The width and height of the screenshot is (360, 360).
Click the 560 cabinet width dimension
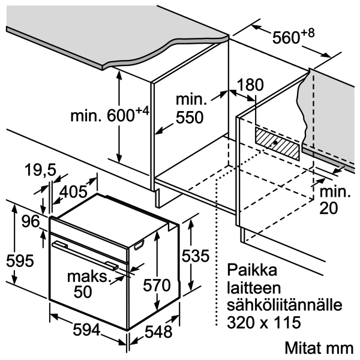coord(293,37)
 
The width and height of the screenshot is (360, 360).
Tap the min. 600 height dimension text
coord(110,115)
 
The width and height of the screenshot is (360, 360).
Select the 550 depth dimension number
coord(190,118)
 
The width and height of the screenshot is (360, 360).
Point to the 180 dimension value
coord(250,85)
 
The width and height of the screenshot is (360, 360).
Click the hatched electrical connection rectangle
coord(277,143)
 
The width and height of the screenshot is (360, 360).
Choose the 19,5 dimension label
coord(40,170)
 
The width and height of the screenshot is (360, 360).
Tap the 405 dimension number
coord(73,192)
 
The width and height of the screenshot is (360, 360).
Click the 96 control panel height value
coord(31,221)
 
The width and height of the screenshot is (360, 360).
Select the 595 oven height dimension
coord(20,261)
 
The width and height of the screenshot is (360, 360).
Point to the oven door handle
coord(85,255)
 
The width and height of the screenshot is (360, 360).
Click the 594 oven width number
coord(87,330)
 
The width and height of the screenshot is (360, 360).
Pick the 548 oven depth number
coord(158,332)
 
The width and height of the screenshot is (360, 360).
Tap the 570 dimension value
coord(157,285)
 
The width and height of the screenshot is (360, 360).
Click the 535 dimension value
coord(196,256)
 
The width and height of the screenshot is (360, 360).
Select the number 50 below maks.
coord(83,292)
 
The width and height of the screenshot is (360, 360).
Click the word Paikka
coord(252,270)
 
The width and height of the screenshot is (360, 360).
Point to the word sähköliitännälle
coord(284,305)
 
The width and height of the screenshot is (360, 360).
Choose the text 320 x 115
coord(264,322)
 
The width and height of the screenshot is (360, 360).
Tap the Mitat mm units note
coord(319,348)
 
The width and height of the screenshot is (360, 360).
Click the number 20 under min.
coord(329,208)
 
